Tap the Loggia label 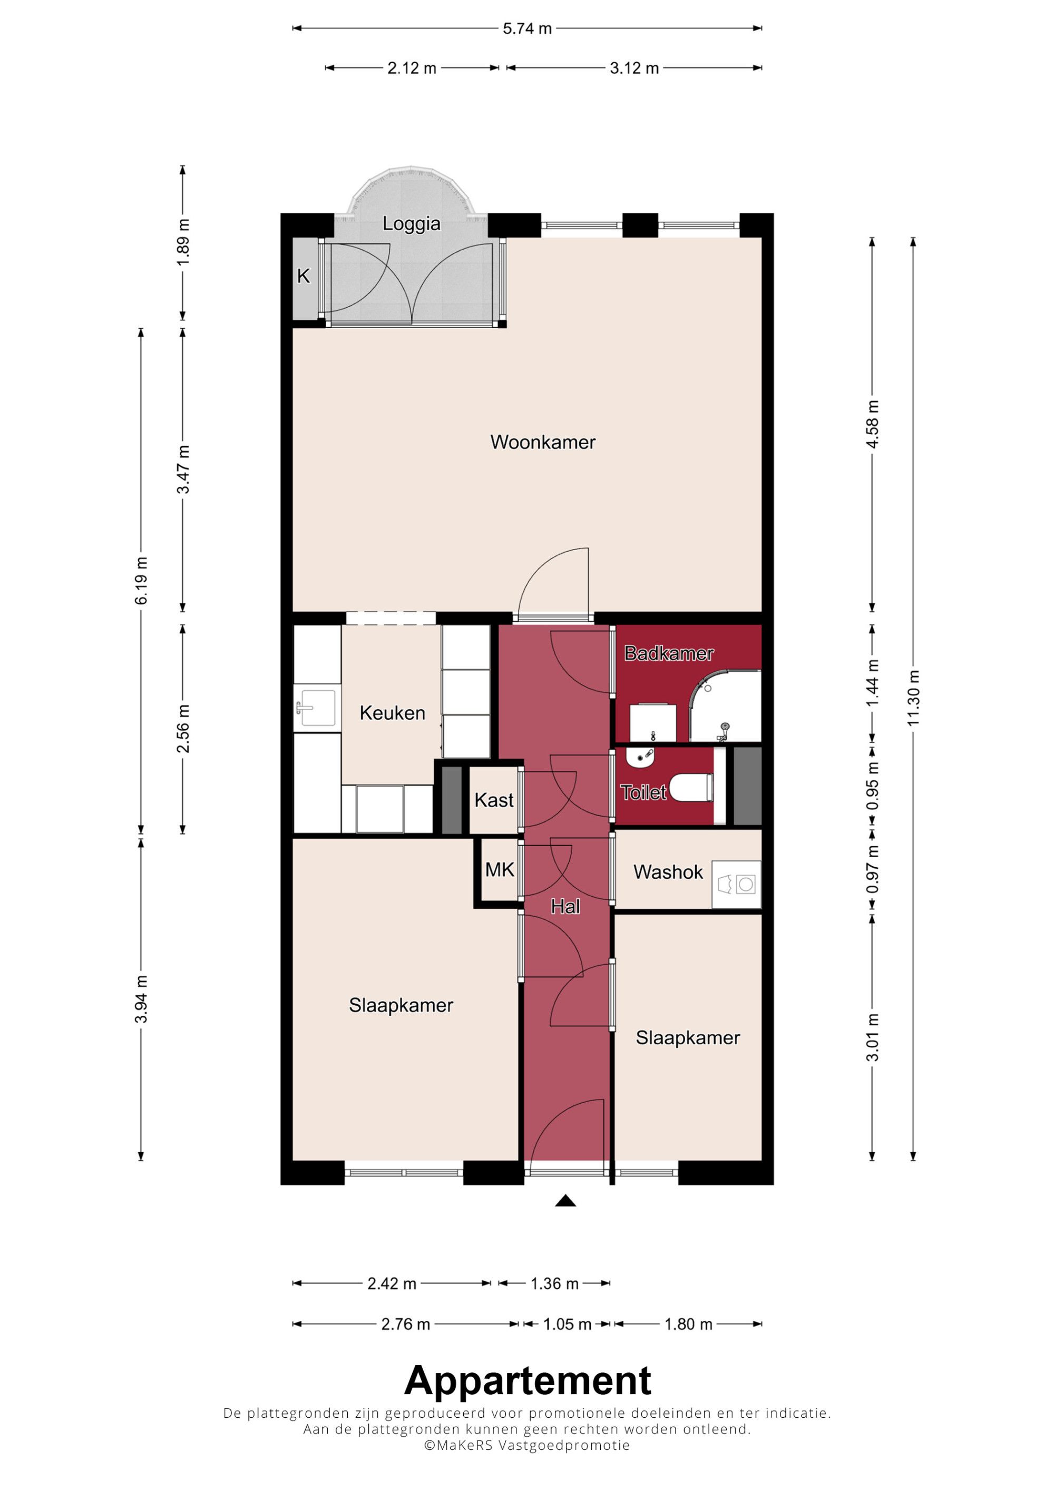coord(411,223)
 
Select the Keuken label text coord(392,713)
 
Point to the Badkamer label coord(669,653)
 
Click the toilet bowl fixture coord(690,788)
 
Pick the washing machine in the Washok coord(736,884)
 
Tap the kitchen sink coord(317,708)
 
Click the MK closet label coord(500,869)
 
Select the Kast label coord(494,800)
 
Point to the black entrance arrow coord(565,1201)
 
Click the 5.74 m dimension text coord(528,28)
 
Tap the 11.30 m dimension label coord(913,698)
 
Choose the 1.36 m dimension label coord(554,1283)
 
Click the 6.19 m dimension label coord(141,580)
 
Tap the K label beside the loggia coord(303,276)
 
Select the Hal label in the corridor coord(565,907)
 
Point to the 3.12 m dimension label coord(635,68)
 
